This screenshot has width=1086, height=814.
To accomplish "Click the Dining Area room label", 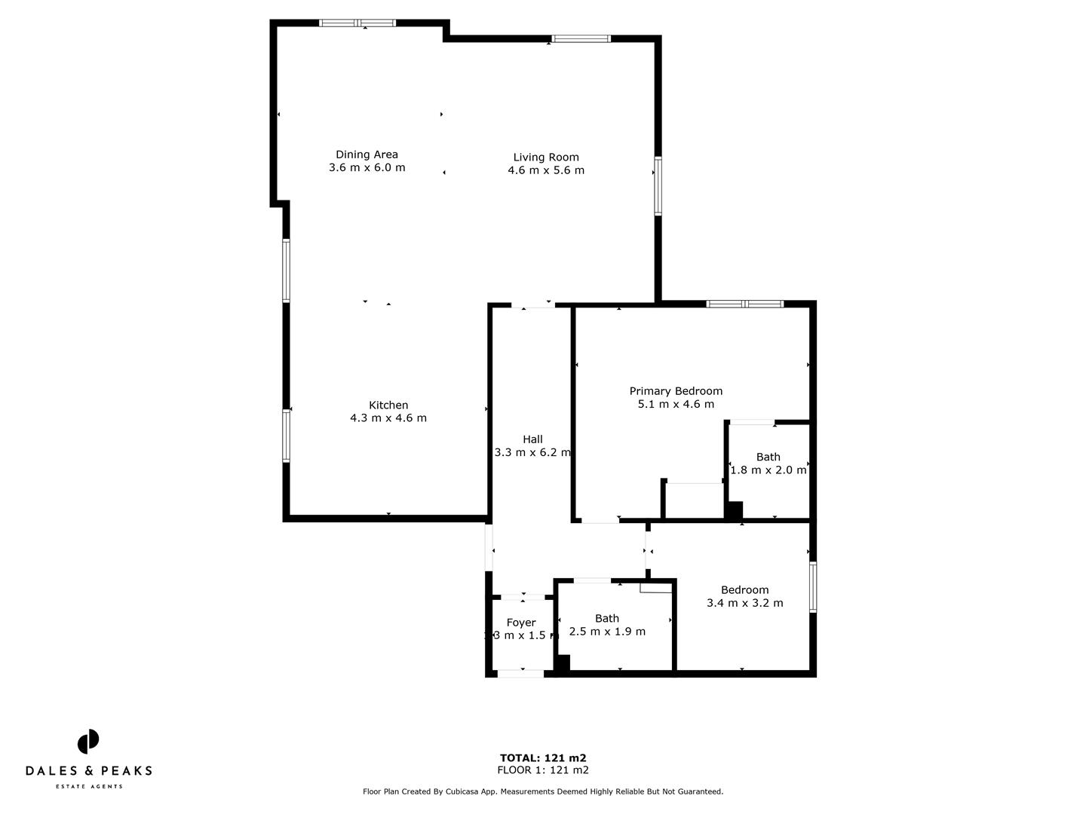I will (x=367, y=155).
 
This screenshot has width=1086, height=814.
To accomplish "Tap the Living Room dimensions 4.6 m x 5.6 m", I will (x=546, y=170).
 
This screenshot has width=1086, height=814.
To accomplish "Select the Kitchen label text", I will (x=388, y=405).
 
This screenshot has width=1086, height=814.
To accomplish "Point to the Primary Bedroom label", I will (x=676, y=390).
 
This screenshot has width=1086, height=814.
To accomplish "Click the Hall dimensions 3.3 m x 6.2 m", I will (x=532, y=452).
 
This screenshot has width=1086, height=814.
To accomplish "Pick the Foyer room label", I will (x=521, y=623).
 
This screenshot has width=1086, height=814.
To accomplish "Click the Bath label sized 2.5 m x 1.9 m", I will (x=607, y=618).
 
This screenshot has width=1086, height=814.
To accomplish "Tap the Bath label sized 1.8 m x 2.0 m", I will (x=768, y=457).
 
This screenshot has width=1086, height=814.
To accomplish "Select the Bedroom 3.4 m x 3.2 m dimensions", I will (x=744, y=603).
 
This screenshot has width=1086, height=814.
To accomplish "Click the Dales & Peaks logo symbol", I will (x=88, y=742).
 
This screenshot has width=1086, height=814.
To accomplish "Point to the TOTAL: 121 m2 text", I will (x=543, y=758).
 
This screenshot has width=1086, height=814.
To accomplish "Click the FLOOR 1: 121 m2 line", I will (x=543, y=770).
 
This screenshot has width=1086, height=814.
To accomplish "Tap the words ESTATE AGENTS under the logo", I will (x=89, y=787).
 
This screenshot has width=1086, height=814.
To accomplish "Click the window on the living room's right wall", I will (x=658, y=185).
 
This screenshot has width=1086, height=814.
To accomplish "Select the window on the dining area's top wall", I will (x=357, y=23).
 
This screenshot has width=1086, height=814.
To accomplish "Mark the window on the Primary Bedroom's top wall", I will (x=745, y=304).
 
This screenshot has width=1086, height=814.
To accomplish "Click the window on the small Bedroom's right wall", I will (x=813, y=586).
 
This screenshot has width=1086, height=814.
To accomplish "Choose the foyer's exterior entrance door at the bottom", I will (x=520, y=673).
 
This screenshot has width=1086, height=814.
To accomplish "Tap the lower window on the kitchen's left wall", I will (x=287, y=435).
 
